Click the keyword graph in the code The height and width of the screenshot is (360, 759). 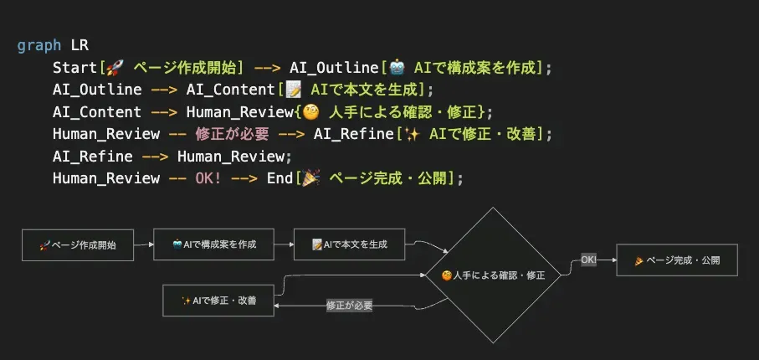[38, 45]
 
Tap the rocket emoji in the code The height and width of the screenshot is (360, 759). [114, 67]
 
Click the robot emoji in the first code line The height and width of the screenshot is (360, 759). [396, 67]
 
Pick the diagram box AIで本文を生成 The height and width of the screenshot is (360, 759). [349, 245]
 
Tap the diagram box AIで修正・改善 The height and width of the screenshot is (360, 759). [218, 301]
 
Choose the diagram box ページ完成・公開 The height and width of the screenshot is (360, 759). [677, 260]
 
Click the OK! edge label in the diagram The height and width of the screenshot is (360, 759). [588, 260]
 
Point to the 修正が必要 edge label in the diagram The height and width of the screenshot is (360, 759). [349, 306]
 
